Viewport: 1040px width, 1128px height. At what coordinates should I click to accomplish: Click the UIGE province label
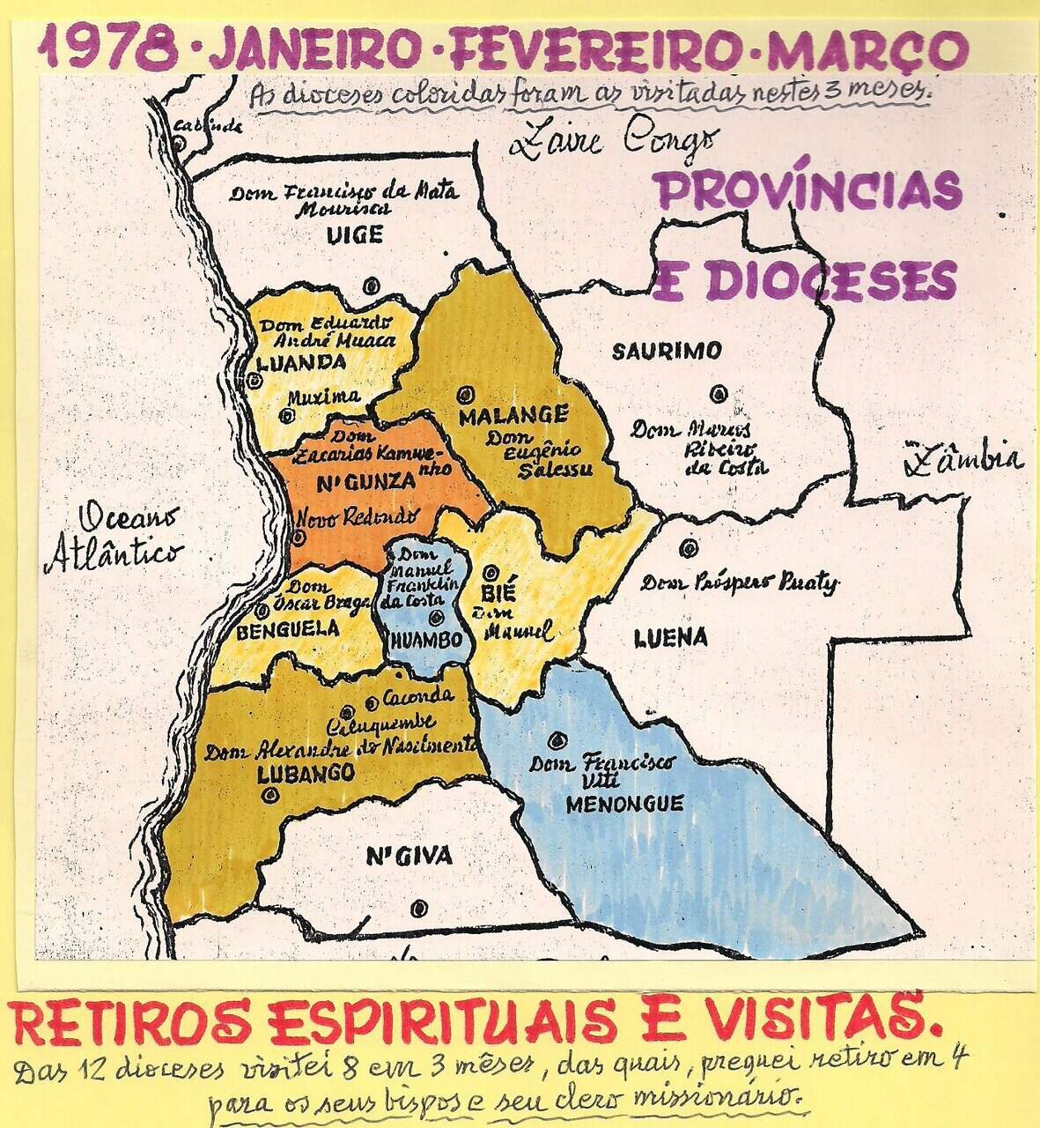tap(354, 235)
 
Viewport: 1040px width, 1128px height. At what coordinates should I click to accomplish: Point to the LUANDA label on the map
tap(302, 362)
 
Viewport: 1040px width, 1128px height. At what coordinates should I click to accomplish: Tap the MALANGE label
tap(513, 414)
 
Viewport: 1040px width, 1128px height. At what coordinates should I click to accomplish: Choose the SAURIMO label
tap(667, 351)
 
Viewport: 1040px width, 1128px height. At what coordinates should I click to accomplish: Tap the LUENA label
tap(671, 637)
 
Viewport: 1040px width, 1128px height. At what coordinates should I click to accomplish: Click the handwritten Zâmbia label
tap(967, 458)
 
